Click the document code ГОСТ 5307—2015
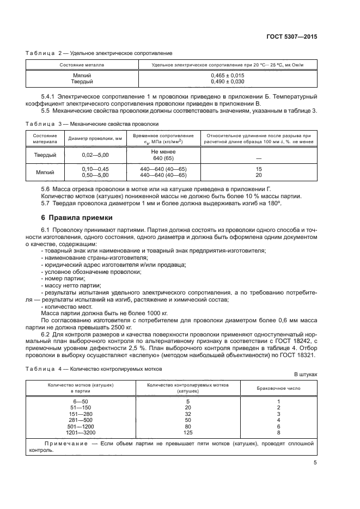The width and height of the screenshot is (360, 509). [292, 36]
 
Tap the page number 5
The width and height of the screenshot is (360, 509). [315, 463]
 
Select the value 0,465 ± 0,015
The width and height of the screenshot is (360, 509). [227, 75]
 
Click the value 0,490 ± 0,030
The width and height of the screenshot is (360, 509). [227, 81]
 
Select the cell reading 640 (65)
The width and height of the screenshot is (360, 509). [163, 158]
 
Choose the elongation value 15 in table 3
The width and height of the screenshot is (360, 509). [259, 169]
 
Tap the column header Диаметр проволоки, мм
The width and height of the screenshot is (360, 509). [95, 138]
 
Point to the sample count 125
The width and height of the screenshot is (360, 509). [188, 433]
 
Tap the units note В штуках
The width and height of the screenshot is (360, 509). [306, 375]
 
